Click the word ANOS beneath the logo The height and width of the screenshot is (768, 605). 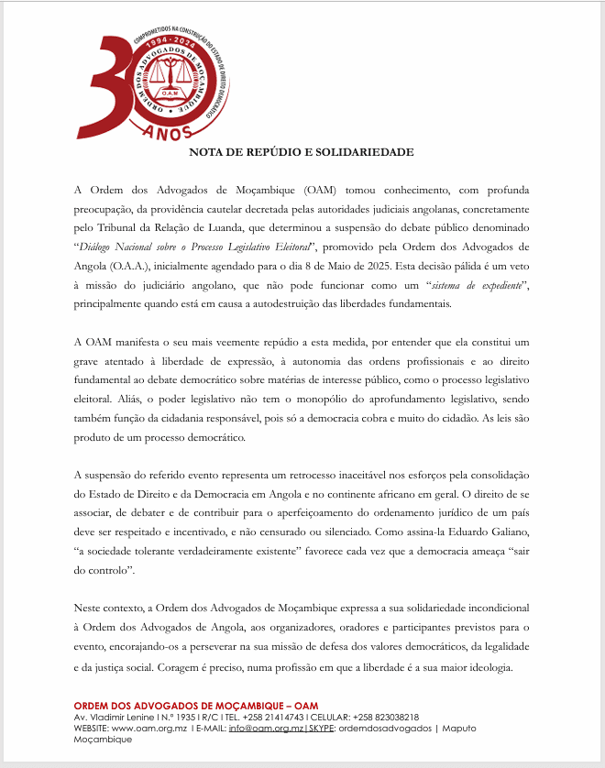click(167, 132)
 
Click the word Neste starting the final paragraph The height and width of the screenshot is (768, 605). click(88, 607)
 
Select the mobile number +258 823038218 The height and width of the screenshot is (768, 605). click(382, 717)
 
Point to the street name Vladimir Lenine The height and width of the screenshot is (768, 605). click(120, 717)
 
